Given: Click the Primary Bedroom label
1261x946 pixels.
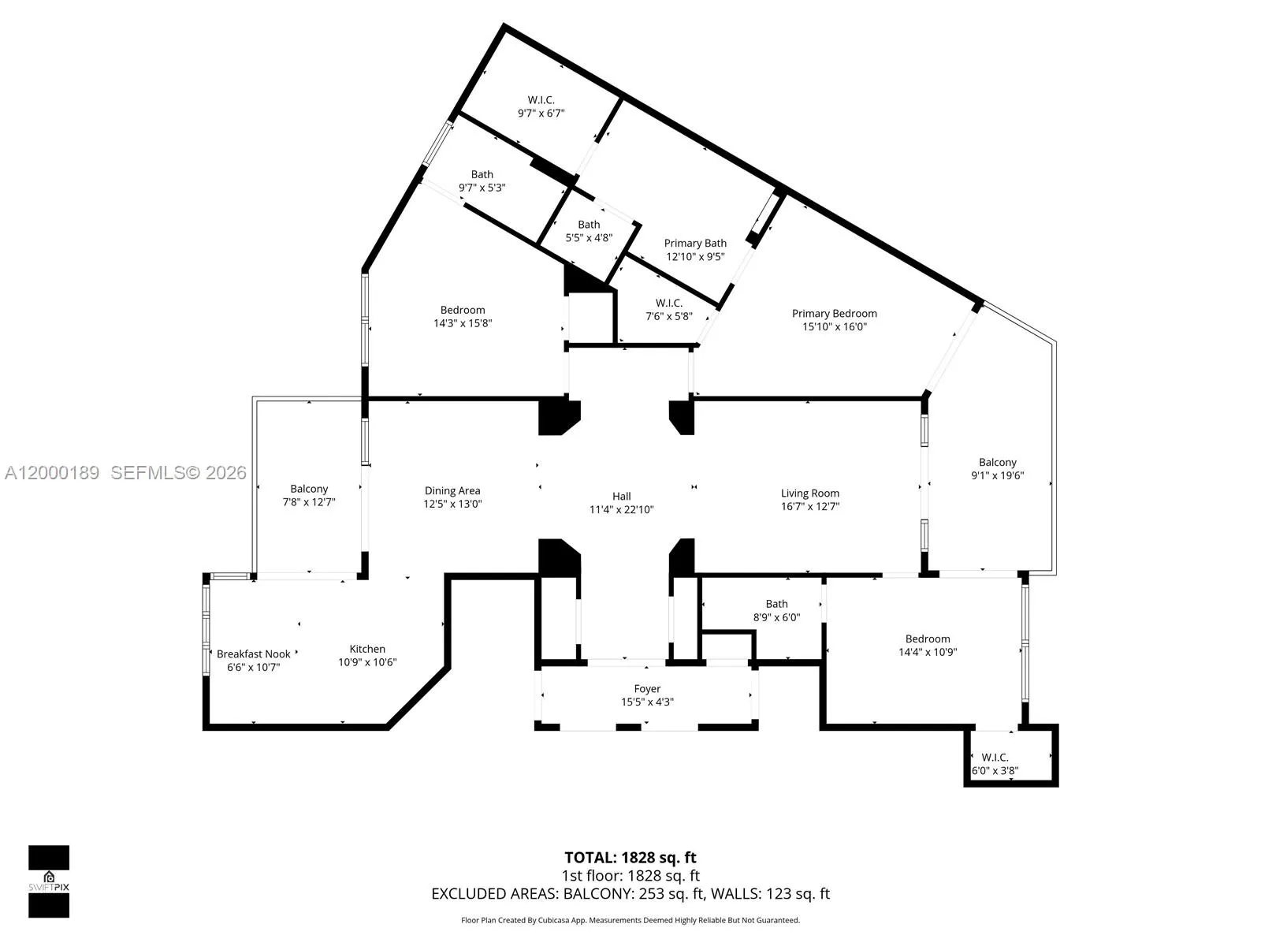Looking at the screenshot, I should pos(834,313).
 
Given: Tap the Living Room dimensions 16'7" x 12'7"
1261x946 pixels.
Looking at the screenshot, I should pos(809,507).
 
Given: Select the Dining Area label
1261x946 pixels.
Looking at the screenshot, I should pos(452,490).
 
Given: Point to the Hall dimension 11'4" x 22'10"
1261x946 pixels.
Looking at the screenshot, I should pos(621,509).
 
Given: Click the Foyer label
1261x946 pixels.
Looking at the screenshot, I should pos(647,688).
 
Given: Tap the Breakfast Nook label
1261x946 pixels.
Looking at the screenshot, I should pos(253,654).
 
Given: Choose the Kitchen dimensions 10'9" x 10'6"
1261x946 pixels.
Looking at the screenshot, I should pos(367,662).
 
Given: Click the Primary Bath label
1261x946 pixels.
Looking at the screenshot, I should pos(694,243).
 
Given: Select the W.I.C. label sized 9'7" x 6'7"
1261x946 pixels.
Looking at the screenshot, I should pos(541,100).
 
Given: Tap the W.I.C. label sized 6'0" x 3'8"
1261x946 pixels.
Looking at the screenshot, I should pos(995,757).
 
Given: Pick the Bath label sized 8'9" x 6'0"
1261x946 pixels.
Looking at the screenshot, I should pos(776,604).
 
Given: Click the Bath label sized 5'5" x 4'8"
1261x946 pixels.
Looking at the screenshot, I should pos(589,225).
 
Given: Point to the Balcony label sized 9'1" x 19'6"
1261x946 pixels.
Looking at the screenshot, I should pos(997,462).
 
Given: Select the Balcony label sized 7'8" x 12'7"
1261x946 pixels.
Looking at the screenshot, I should pos(309,489).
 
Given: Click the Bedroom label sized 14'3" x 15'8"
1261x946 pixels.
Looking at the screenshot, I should pos(463,310).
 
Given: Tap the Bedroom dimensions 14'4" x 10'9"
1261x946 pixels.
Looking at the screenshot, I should pos(928,652).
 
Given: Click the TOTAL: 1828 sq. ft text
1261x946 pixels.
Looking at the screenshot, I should pos(630,857).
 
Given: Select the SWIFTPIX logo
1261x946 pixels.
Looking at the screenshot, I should pos(49,881).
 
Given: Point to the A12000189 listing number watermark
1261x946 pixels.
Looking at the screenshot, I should pos(52,473).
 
